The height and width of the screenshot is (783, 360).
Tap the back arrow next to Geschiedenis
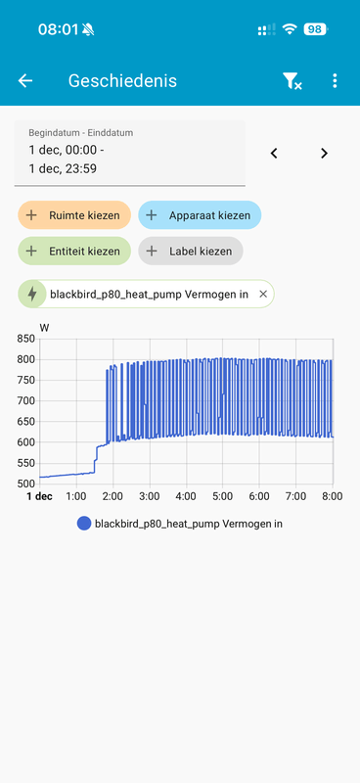coord(25,81)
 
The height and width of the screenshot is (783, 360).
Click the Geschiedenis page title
coord(122,81)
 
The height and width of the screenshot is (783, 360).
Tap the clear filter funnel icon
coord(292,81)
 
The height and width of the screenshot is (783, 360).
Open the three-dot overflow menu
coord(335,81)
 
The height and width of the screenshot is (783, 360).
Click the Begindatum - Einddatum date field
coord(129,153)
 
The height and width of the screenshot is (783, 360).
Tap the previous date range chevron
coord(274,153)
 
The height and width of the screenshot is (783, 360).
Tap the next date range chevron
coord(324,153)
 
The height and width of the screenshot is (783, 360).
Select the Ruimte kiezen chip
coord(73,215)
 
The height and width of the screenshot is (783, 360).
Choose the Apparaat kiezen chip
coord(200,215)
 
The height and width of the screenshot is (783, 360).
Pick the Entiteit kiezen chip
coord(73,252)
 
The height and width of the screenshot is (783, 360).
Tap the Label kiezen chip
coord(191,252)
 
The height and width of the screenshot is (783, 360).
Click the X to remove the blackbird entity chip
coord(263,294)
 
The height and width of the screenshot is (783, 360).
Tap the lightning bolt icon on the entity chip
coord(32,294)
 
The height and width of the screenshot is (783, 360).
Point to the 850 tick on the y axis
coord(25,339)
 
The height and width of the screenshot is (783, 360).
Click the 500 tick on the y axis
coord(25,484)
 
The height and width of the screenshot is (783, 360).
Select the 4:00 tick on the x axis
coord(186,497)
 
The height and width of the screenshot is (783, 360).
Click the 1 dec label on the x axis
coord(39,497)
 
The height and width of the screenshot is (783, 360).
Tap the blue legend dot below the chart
coord(84,524)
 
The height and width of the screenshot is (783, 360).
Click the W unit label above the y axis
coord(44,327)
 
